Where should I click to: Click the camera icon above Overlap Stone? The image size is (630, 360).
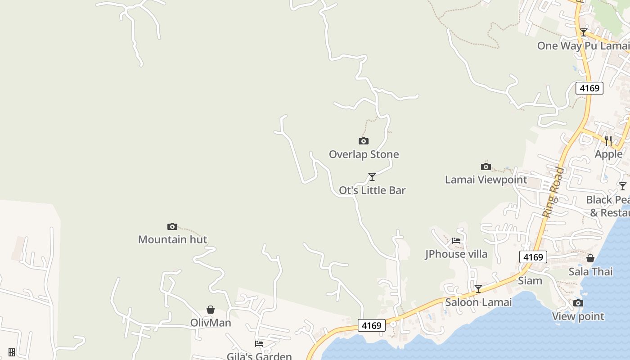pyautogui.click(x=364, y=141)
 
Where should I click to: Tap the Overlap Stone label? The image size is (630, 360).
pyautogui.click(x=364, y=154)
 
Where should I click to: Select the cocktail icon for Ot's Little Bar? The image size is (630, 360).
pyautogui.click(x=372, y=176)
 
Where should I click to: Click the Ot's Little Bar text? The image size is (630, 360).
pyautogui.click(x=372, y=190)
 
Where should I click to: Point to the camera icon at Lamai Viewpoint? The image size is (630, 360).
pyautogui.click(x=486, y=167)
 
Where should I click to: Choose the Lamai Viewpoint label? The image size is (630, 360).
pyautogui.click(x=486, y=180)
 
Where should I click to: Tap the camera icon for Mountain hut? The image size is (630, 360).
pyautogui.click(x=172, y=226)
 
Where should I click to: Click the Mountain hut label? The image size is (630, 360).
pyautogui.click(x=172, y=239)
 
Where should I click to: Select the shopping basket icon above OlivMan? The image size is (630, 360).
pyautogui.click(x=210, y=310)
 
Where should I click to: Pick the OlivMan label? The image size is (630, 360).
pyautogui.click(x=210, y=323)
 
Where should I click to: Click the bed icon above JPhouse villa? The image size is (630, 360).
pyautogui.click(x=456, y=241)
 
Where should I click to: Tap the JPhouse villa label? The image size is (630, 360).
pyautogui.click(x=456, y=254)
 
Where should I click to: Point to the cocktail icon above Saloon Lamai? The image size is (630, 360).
pyautogui.click(x=478, y=289)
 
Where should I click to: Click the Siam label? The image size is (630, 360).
pyautogui.click(x=530, y=281)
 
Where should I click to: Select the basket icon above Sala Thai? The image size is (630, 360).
pyautogui.click(x=590, y=258)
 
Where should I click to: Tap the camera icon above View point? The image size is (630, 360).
pyautogui.click(x=578, y=303)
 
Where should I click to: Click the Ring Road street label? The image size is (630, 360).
pyautogui.click(x=553, y=193)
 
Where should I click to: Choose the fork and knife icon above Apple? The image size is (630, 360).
pyautogui.click(x=608, y=141)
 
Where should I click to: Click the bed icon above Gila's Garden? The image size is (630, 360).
pyautogui.click(x=259, y=344)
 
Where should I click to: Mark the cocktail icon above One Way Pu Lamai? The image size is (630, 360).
pyautogui.click(x=584, y=32)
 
